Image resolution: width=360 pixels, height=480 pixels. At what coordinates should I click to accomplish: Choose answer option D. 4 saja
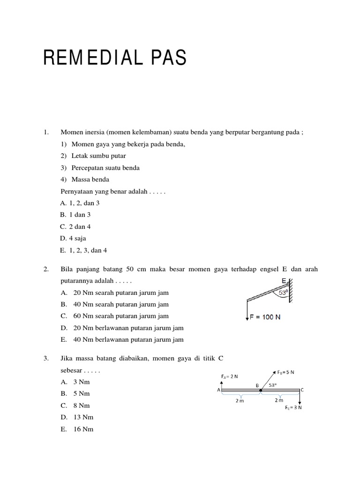[73, 238]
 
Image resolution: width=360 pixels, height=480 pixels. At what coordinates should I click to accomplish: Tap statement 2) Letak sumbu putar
[93, 156]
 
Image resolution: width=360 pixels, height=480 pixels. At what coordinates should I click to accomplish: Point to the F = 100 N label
[265, 317]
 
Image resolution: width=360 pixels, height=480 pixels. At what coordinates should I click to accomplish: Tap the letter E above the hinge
[284, 281]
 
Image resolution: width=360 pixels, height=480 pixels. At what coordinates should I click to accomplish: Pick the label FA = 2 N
[229, 376]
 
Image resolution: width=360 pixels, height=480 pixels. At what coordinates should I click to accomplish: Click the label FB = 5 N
[285, 373]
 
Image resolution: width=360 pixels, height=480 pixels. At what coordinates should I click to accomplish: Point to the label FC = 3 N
[293, 407]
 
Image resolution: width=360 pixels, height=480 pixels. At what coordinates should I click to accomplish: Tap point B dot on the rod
[261, 390]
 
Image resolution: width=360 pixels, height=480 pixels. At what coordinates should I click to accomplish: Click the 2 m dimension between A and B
[240, 401]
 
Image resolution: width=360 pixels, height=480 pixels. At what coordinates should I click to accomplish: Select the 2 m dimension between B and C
[279, 400]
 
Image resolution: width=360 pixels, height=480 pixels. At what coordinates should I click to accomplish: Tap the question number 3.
[46, 359]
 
